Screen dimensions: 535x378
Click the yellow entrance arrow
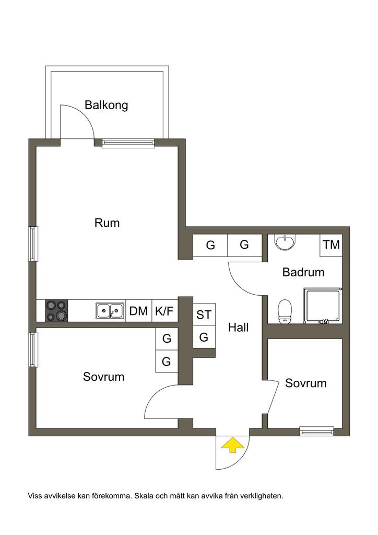coord(233,445)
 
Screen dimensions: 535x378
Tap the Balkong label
coord(107,105)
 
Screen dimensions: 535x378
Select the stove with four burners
coord(57,311)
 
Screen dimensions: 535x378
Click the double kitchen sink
coord(110,311)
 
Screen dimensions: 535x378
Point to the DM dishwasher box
coord(138,311)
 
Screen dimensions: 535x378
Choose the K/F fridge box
coord(164,311)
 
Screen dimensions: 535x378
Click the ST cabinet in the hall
coord(204,315)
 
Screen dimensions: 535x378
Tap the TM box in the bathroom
coord(331,245)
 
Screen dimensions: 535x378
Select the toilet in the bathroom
coord(285,311)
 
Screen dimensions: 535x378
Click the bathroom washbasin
coord(285,242)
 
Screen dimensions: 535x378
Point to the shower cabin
coord(324,306)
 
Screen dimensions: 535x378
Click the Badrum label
coord(303,272)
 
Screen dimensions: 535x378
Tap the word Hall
coord(238,328)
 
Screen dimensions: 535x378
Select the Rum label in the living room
coord(107,223)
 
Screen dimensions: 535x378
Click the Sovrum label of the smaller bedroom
coord(305,383)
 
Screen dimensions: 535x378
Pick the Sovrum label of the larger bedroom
coord(104,377)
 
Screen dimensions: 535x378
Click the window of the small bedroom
coord(316,431)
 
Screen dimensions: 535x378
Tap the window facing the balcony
coord(128,143)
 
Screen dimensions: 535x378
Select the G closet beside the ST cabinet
coord(204,337)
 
